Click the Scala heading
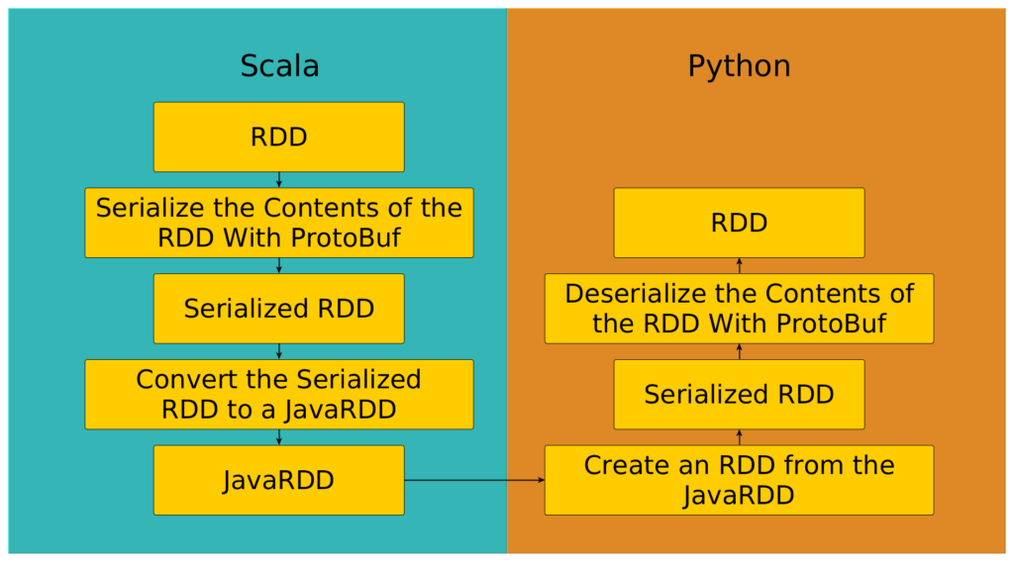279,66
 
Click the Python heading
739,66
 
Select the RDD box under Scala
278,137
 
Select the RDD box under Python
739,223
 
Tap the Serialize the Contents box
278,223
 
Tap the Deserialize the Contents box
739,309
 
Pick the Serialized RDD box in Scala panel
278,309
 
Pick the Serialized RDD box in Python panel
739,394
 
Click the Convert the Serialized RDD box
278,394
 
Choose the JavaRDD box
278,480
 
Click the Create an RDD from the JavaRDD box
739,480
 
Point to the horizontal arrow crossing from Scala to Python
474,480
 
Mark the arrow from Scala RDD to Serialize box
279,180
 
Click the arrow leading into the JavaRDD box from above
279,437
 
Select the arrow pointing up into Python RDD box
740,265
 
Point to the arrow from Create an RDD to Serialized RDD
740,437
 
